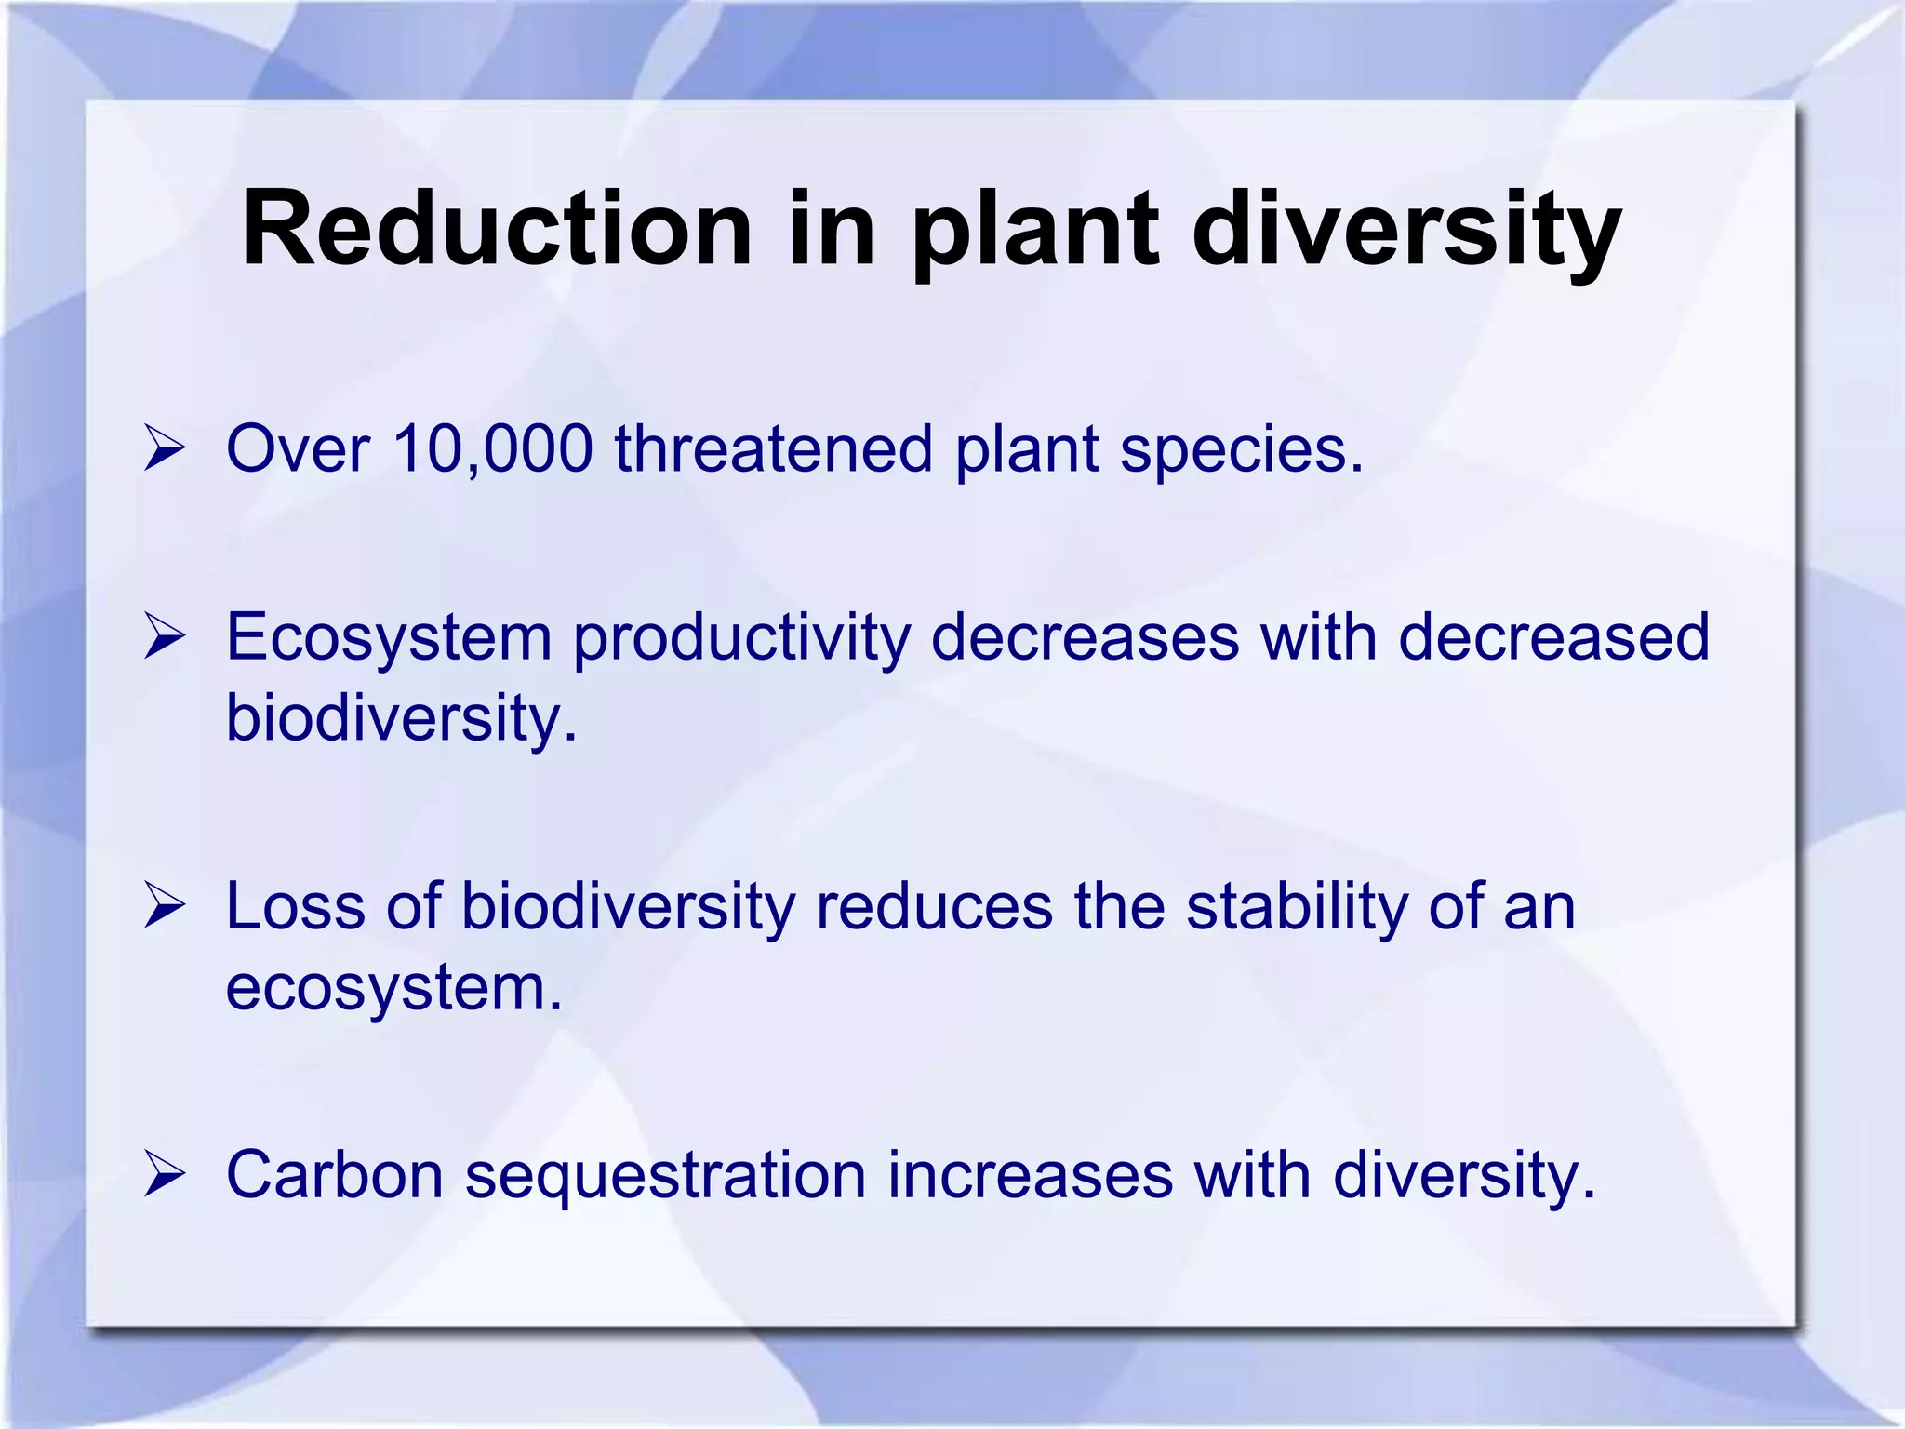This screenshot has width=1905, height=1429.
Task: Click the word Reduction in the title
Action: pos(497,229)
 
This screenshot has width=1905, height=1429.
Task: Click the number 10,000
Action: pos(493,450)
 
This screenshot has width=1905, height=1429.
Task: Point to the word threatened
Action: pos(773,449)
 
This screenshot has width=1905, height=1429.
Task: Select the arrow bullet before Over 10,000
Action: pos(165,450)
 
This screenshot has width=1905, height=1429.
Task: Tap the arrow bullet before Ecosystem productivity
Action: pos(165,639)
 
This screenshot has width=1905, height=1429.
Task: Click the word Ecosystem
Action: pos(390,640)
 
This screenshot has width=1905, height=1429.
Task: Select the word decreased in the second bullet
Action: pos(1553,638)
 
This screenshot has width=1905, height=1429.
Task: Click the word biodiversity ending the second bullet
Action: pos(401,720)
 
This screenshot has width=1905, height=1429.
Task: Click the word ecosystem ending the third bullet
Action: pos(393,988)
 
